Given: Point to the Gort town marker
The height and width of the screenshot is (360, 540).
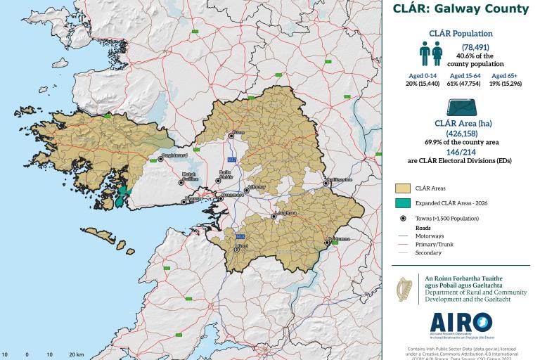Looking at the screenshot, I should coord(237,249).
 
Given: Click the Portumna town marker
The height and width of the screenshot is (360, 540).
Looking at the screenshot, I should coord(326,243).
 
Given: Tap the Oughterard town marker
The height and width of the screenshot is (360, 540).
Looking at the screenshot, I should coord(160,159).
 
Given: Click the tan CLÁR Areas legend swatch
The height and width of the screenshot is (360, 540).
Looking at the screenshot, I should coord(402,188).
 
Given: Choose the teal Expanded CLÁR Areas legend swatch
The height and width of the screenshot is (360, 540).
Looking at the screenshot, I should coord(402,203).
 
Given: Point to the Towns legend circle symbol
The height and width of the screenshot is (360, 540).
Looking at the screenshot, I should coord(402,219).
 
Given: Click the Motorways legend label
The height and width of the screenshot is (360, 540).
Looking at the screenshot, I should coord(429,236).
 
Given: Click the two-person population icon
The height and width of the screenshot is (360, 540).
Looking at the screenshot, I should coord(430,53).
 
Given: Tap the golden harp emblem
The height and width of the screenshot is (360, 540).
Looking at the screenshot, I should coord(404,289).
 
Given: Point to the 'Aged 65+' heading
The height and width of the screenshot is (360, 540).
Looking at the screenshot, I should coord(504,75).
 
